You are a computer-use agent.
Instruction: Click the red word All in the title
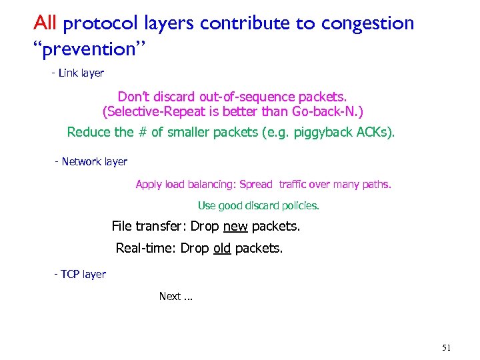pos(46,23)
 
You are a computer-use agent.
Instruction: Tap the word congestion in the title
pos(367,24)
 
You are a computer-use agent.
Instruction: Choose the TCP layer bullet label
pos(81,274)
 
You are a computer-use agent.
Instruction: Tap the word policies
pos(301,206)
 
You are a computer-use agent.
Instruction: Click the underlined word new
pos(235,227)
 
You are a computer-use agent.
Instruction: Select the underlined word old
pos(222,249)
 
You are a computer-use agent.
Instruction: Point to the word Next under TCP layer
pos(170,296)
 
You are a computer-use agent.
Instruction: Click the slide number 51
pos(447,347)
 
